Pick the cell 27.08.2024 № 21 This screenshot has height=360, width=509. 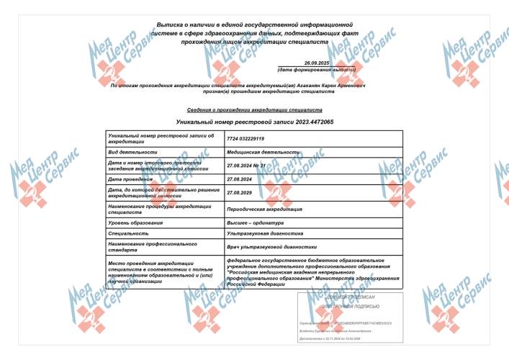(x=246, y=166)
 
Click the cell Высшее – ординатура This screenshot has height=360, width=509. (x=253, y=222)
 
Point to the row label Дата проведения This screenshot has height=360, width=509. (x=129, y=179)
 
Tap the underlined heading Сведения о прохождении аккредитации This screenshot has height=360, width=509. (x=254, y=111)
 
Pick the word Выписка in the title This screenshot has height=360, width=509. (x=171, y=25)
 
